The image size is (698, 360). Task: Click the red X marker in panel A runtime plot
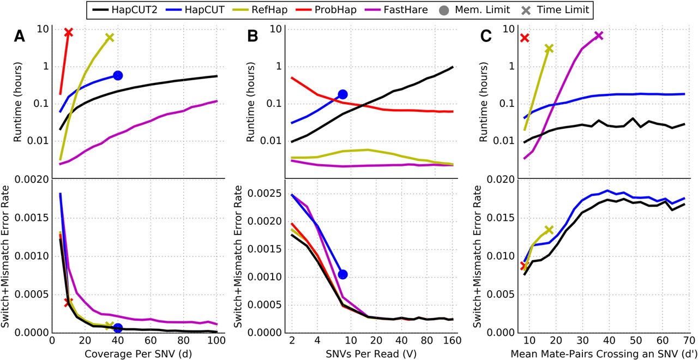(x=68, y=33)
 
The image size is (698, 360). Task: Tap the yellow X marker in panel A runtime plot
(x=110, y=38)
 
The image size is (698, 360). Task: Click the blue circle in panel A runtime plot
(x=118, y=75)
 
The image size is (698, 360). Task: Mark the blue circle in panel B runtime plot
(x=342, y=94)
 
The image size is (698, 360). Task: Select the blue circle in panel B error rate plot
(x=342, y=274)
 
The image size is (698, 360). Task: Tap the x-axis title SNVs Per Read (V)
(x=372, y=353)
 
